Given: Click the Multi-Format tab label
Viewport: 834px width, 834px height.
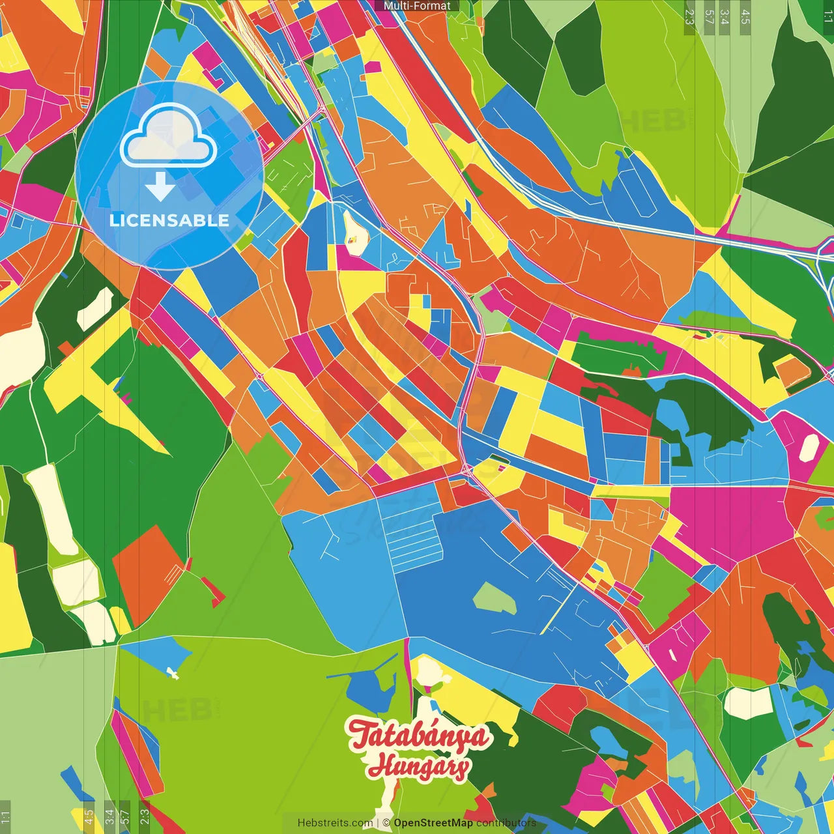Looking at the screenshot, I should [417, 6].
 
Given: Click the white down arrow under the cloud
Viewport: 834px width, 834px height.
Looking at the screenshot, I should [160, 187].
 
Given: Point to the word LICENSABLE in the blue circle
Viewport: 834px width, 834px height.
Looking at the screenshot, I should [169, 220].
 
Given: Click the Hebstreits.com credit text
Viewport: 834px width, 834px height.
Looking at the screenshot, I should [335, 823].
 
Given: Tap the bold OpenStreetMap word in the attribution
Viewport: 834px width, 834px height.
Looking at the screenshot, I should [433, 823].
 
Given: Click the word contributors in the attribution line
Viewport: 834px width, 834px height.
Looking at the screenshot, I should [506, 823].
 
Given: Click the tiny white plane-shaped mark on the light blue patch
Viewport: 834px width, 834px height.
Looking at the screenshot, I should [173, 673].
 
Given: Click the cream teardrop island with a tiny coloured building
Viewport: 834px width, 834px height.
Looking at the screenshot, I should [354, 232].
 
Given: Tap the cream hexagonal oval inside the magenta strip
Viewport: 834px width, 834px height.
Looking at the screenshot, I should [809, 448].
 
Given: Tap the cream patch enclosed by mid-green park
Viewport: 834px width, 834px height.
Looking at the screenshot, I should [748, 702].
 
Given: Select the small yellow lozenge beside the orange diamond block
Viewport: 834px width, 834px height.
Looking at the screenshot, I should [120, 620].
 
